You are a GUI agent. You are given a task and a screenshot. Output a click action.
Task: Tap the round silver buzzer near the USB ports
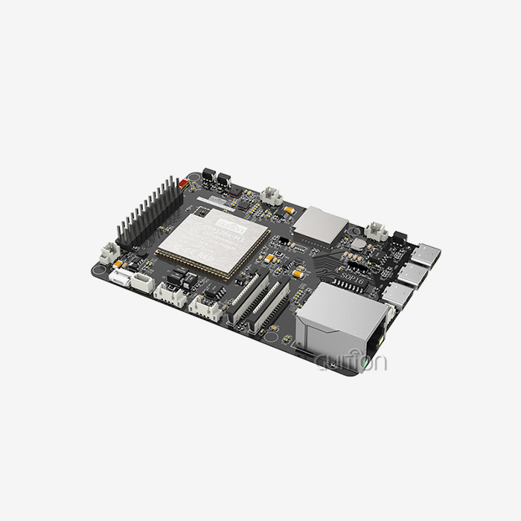[x=359, y=245]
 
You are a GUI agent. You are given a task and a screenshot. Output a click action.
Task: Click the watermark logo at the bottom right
[x=351, y=362]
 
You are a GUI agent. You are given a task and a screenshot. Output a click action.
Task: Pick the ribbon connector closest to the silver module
[x=246, y=294]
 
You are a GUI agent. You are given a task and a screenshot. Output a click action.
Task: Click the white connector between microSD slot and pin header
[x=272, y=197]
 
